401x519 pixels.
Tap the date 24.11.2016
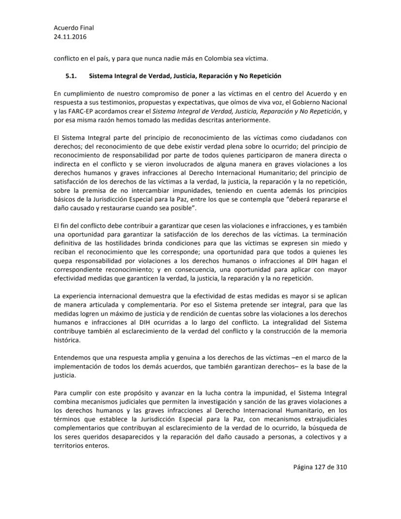68,37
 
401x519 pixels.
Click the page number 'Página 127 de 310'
320,467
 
